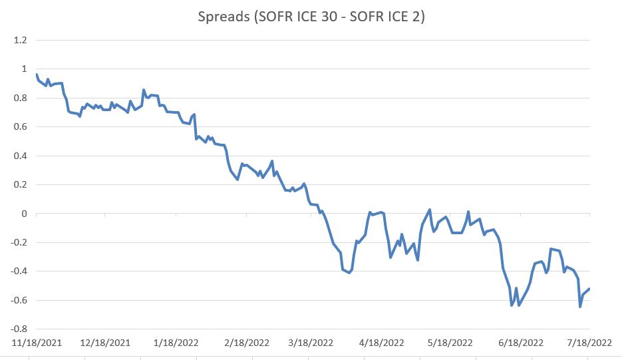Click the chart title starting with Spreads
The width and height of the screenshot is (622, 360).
[311, 17]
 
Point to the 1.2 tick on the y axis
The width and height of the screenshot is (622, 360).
[20, 40]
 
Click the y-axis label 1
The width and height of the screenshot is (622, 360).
[24, 69]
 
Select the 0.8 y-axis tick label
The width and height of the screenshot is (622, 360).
[20, 98]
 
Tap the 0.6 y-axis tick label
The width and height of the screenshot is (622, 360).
[20, 126]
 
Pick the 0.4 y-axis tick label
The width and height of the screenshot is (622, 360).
[20, 156]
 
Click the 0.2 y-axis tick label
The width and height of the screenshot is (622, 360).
[20, 184]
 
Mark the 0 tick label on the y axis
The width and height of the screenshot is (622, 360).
[24, 214]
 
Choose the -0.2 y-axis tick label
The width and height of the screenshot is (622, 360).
[18, 242]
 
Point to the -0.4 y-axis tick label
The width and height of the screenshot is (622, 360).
[18, 271]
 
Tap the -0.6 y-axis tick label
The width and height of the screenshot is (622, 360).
[18, 300]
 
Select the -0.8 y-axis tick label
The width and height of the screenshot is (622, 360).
[18, 329]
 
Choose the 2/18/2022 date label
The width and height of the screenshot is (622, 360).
[246, 343]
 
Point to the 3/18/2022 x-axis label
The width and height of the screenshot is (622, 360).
[311, 343]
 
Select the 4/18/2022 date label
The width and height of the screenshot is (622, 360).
[382, 343]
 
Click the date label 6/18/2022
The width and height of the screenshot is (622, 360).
[521, 343]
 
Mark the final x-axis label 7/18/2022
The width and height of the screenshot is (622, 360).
[589, 343]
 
